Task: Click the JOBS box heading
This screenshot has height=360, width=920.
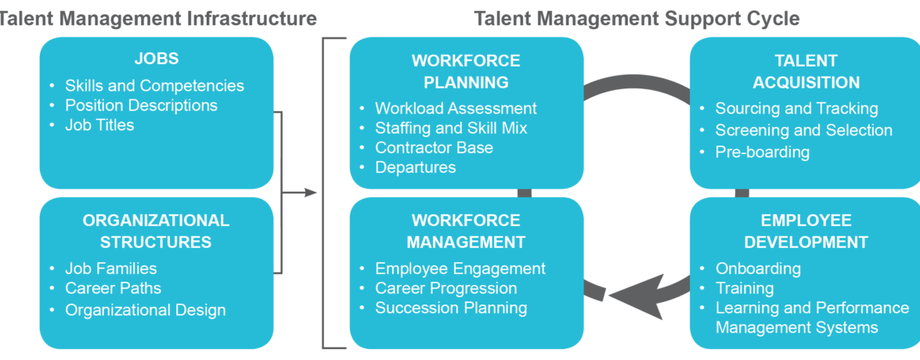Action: tap(157, 59)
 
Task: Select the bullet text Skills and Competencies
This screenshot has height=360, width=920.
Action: tap(154, 85)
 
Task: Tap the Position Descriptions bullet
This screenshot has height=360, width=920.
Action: tap(141, 105)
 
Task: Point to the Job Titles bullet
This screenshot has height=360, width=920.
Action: tap(99, 124)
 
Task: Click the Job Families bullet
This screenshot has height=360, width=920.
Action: tap(110, 268)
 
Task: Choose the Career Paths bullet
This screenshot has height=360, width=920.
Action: tap(113, 289)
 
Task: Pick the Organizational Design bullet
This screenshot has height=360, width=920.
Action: tap(145, 310)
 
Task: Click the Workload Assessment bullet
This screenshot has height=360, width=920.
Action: tap(456, 108)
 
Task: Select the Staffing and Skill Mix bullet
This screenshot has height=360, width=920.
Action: tap(451, 128)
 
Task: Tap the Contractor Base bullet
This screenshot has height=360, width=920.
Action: tap(434, 147)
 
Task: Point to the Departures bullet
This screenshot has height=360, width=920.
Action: tap(415, 167)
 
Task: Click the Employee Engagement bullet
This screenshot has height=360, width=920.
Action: tap(460, 268)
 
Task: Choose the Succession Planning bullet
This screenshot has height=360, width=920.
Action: tap(451, 308)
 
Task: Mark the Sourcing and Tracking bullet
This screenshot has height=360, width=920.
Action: tap(796, 108)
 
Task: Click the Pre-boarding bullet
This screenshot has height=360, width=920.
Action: tap(762, 151)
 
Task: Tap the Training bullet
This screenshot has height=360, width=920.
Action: tap(745, 288)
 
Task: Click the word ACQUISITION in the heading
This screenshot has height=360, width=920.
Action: tap(806, 82)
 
